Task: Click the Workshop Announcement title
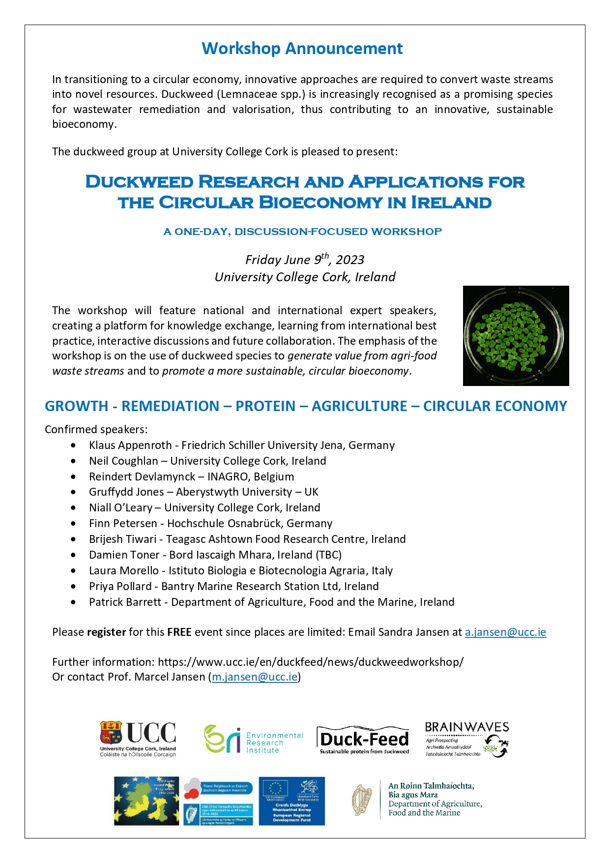302,49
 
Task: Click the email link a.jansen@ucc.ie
505,632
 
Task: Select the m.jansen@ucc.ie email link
255,677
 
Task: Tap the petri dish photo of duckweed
516,335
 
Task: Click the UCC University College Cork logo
138,739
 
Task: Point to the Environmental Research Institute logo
254,740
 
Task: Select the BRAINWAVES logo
466,739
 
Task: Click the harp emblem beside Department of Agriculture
362,800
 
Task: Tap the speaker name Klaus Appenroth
130,446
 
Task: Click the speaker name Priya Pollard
120,587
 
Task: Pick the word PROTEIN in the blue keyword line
265,406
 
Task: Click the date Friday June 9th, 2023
305,259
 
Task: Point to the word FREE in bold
179,632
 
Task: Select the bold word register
106,632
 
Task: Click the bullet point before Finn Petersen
73,524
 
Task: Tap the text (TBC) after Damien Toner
329,555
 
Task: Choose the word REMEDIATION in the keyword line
170,406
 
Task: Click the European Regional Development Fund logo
291,801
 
